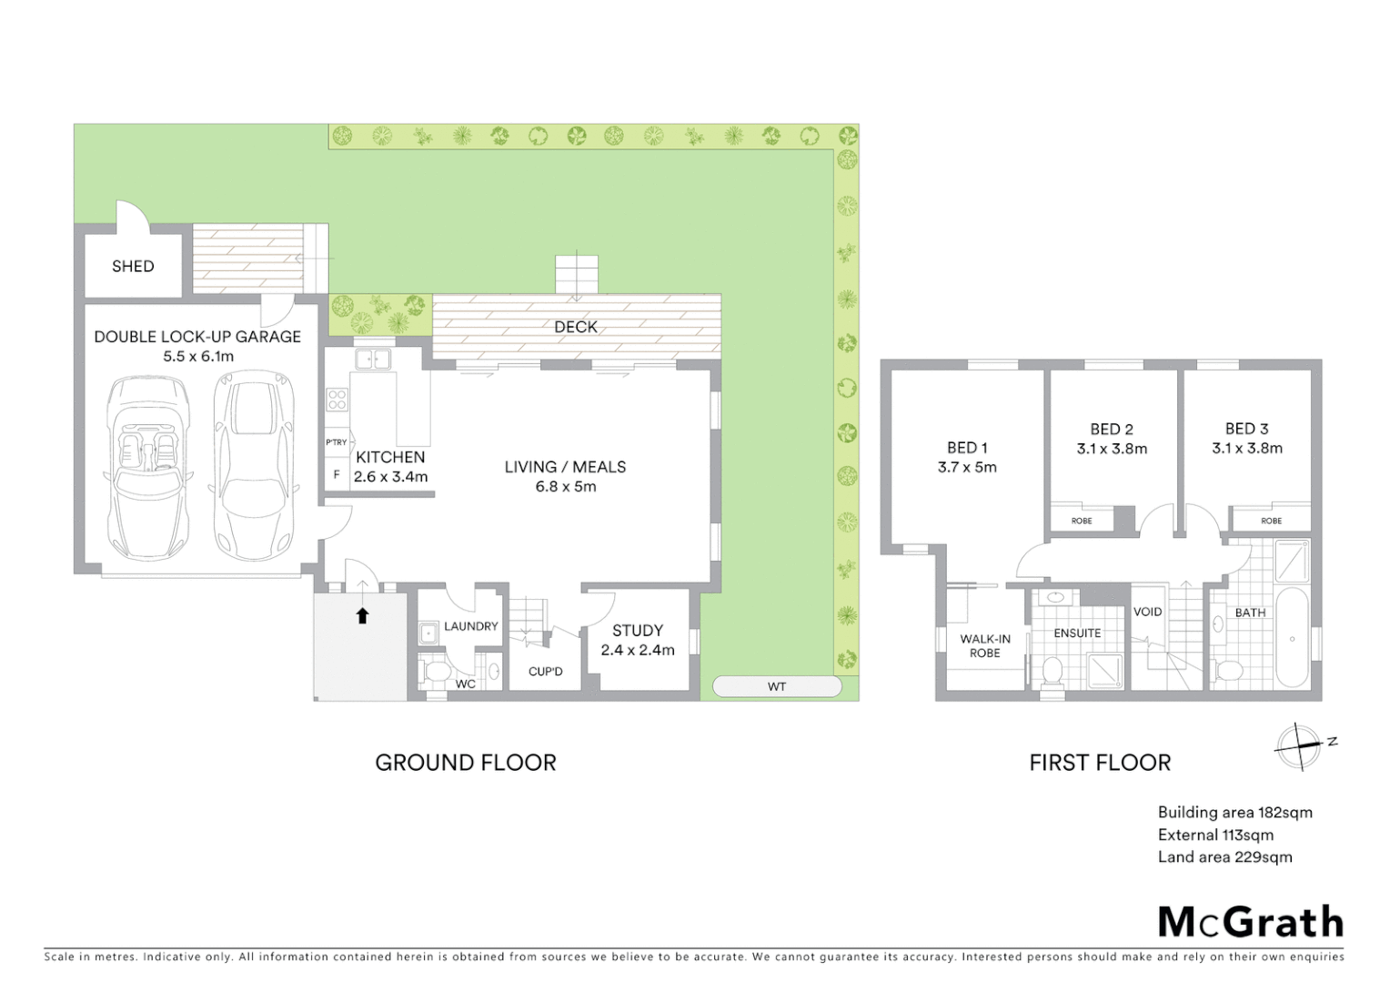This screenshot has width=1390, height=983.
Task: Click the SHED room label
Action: coord(133,267)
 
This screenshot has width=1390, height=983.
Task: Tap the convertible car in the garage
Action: coord(148,469)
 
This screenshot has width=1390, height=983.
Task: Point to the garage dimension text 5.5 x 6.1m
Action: coord(198,357)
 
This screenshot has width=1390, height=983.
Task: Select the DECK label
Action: coord(576,327)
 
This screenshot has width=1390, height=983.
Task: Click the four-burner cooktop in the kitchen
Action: coord(337,399)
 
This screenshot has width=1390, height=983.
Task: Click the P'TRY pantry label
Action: coord(337,442)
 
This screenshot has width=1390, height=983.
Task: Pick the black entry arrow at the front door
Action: coord(362,616)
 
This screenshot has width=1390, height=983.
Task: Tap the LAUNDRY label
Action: coord(470,626)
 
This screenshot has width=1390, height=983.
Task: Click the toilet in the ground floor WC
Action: coord(437,672)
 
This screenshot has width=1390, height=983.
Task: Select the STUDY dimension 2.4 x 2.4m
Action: coord(638,650)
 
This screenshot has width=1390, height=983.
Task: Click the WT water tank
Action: coord(776,686)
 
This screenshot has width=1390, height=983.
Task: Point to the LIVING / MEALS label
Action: coord(565,467)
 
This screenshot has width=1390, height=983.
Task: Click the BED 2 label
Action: coord(1112,430)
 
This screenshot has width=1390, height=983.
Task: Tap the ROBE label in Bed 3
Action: coord(1271,521)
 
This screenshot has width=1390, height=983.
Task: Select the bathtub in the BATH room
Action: coord(1292,637)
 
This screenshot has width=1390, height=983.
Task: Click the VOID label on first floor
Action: coord(1147,612)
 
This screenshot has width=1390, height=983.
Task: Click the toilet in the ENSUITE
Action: coord(1053,671)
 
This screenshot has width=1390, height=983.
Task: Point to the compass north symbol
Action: coord(1299,747)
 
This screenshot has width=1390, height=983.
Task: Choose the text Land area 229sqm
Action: coord(1224,857)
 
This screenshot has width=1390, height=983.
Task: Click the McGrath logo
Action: coord(1250,922)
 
